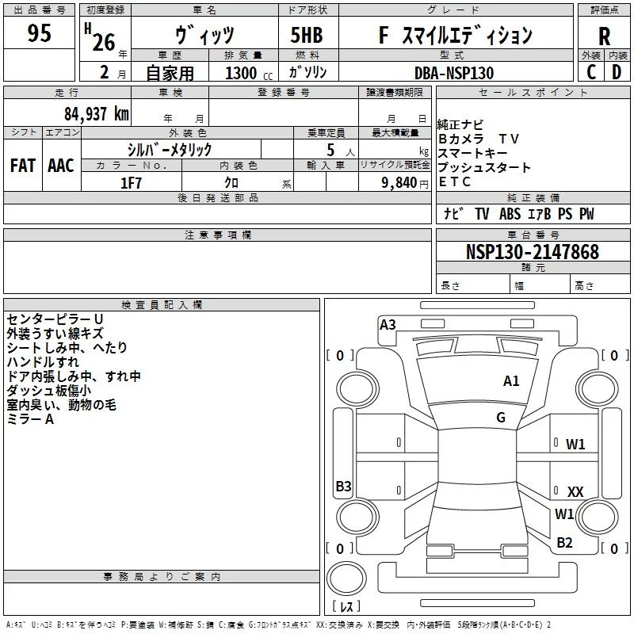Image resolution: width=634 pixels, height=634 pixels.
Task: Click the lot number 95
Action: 39,34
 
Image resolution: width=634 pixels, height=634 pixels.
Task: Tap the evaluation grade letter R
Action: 604,36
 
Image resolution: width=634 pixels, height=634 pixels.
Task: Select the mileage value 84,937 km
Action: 95,114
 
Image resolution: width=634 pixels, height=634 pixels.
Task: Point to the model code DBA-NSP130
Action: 453,73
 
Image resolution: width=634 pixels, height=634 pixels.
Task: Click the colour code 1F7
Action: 131,182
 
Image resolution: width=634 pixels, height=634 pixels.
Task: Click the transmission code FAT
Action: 22,166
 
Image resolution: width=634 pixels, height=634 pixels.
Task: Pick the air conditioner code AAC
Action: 61,166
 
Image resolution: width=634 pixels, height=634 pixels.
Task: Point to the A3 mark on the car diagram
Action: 388,324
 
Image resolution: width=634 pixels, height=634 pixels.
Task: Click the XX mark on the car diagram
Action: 575,492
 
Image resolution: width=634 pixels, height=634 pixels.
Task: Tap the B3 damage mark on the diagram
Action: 343,487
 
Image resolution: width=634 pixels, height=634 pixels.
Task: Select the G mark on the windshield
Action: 501,418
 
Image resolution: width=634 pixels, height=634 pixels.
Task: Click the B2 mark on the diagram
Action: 564,543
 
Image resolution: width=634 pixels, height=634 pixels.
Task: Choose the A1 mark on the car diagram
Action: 511,381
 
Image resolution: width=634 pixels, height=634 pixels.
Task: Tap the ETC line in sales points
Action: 454,181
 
